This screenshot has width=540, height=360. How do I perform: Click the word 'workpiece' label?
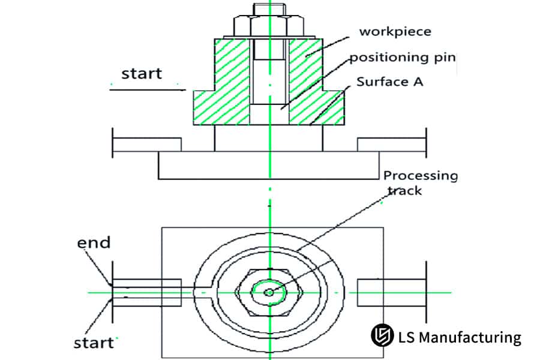(395, 31)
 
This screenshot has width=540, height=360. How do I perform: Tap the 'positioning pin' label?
(403, 58)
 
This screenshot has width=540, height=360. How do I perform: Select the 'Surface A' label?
(390, 82)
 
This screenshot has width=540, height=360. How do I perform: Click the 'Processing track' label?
(420, 182)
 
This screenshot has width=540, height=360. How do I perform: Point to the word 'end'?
(94, 242)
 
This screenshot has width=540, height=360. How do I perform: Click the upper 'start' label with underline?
(142, 74)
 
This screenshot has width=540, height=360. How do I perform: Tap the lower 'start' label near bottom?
(94, 343)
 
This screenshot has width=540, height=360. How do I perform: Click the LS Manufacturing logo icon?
(381, 335)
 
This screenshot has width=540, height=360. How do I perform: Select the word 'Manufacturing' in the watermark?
(468, 337)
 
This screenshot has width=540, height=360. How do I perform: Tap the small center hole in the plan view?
(269, 292)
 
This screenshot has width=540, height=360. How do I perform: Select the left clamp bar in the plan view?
(146, 293)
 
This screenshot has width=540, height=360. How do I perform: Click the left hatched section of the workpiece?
(222, 90)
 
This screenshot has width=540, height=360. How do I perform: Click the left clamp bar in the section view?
(146, 145)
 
